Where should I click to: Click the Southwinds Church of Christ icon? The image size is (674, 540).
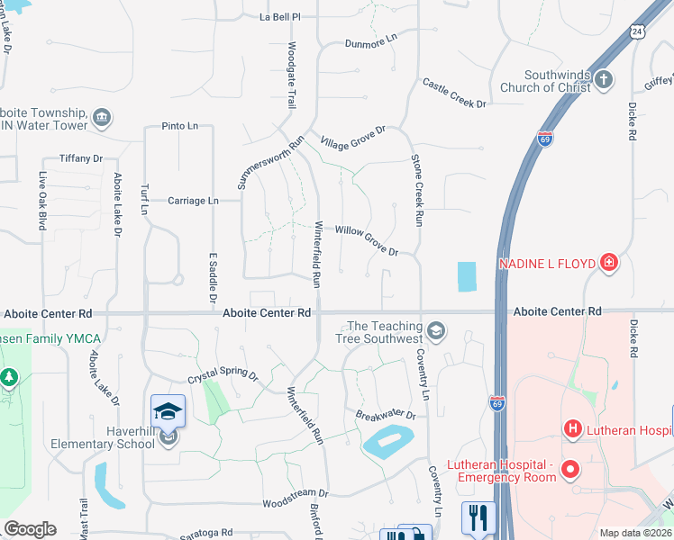click(604, 81)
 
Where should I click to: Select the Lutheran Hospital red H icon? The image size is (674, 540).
click(570, 429)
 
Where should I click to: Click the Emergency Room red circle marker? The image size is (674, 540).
click(569, 469)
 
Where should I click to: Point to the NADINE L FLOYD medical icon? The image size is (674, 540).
click(610, 263)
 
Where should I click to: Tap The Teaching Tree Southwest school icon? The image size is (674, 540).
click(436, 331)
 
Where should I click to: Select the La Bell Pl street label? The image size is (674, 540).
click(279, 17)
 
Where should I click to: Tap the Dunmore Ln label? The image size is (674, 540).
click(371, 42)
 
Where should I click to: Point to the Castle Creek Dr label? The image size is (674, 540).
click(455, 94)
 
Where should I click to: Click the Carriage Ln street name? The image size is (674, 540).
click(194, 201)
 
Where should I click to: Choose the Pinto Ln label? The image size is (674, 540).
click(180, 127)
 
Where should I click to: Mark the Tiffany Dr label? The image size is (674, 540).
click(81, 158)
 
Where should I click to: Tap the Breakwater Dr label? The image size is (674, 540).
click(385, 415)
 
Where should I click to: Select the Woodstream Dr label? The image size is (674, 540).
click(295, 493)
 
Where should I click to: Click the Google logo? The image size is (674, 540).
click(30, 529)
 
